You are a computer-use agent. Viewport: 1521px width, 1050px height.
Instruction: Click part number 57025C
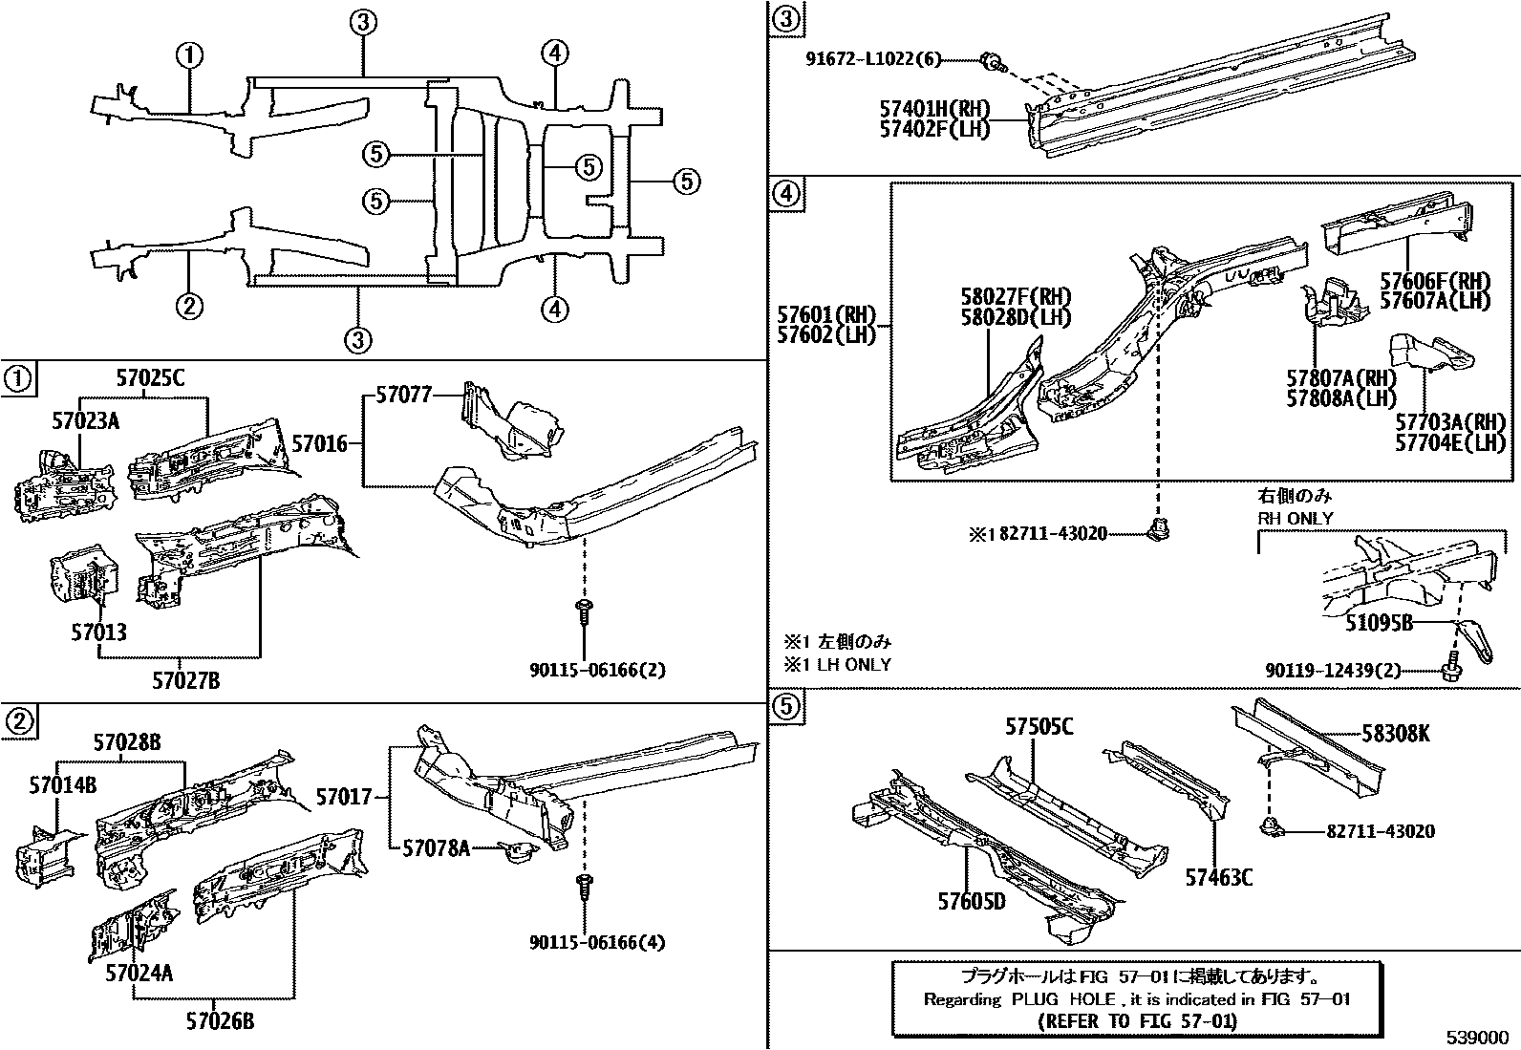click(150, 377)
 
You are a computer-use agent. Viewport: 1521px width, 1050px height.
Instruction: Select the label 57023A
click(85, 418)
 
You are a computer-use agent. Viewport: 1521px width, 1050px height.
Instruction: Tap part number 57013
click(97, 632)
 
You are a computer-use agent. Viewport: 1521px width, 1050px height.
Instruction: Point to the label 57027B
click(186, 680)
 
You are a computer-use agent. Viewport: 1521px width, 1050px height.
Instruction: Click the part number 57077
click(403, 395)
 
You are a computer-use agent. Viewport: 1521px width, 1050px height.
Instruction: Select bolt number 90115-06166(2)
click(597, 671)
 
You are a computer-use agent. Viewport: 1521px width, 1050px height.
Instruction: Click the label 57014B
click(63, 785)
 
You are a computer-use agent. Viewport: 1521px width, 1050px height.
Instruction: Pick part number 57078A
click(436, 847)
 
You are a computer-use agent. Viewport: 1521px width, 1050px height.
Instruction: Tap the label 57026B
click(221, 1021)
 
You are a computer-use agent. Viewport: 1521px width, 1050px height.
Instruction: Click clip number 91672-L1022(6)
click(871, 60)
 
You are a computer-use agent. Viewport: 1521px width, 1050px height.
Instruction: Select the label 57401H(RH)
click(934, 109)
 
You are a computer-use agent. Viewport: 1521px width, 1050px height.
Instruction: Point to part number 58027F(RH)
click(1016, 297)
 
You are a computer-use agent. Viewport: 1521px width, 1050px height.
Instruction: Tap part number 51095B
click(1379, 623)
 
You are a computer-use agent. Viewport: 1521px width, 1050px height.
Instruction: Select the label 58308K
click(1396, 734)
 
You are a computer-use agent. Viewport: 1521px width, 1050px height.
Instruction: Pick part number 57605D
click(971, 901)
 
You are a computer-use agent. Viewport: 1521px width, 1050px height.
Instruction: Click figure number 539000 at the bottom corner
click(1477, 1038)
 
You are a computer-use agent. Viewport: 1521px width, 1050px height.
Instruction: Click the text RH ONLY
click(1295, 518)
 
